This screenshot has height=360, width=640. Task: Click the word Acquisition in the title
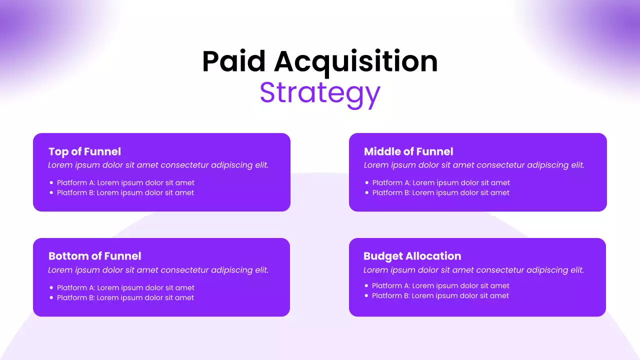[x=355, y=61]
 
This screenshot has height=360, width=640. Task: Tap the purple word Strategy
[x=320, y=93]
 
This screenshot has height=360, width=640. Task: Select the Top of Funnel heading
[x=84, y=151]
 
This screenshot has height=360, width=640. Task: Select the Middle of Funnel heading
[x=408, y=151]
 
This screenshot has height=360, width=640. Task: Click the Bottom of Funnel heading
[x=94, y=256]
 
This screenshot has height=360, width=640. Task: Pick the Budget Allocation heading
[x=412, y=256]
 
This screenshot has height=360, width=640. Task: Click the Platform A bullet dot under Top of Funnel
[x=51, y=183]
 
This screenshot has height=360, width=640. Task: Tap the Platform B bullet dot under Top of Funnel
[x=51, y=193]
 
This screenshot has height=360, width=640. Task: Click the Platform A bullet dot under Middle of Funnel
[x=367, y=183]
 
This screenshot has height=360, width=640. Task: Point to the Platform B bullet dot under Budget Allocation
[x=366, y=296]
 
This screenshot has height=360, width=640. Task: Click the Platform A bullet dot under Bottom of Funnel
[x=51, y=288]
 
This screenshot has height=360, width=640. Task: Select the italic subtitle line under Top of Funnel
[x=158, y=165]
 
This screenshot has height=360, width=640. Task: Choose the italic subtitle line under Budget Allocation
[x=473, y=270]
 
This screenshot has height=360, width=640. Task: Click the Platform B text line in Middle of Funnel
[x=440, y=193]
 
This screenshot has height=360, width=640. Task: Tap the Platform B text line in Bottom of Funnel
[x=125, y=298]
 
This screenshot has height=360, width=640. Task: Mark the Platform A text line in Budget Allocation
[x=440, y=286]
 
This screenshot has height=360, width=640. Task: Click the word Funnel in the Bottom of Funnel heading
[x=123, y=256]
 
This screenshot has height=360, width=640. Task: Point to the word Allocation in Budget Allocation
[x=433, y=256]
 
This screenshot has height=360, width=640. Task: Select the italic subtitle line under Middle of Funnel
[x=474, y=165]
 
